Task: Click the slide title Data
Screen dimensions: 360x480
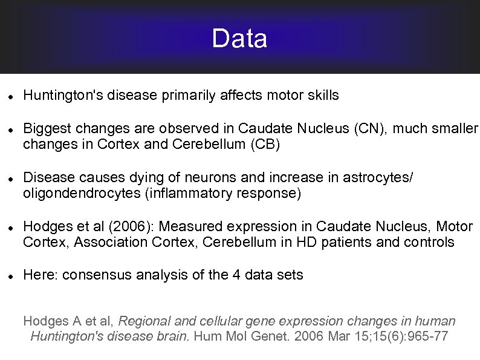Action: point(239,39)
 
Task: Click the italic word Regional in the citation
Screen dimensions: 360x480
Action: point(143,321)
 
